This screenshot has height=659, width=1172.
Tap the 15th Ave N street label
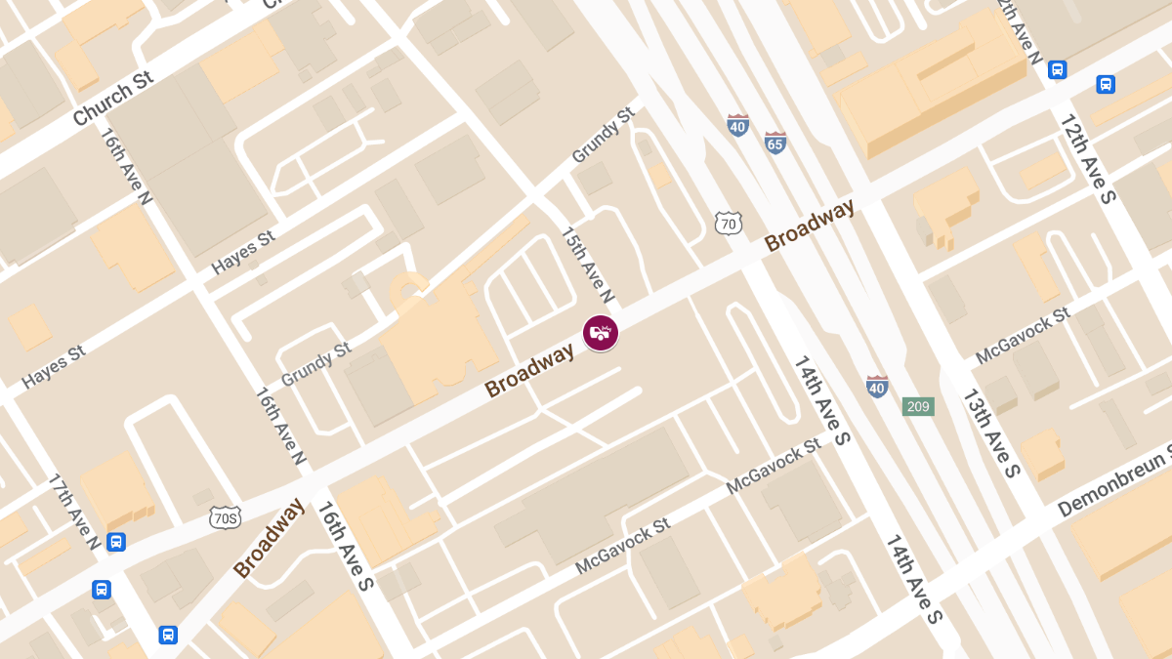(587, 265)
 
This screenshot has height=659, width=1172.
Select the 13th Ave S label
(991, 432)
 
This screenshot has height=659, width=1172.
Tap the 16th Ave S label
(344, 548)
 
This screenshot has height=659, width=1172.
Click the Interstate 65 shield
(775, 143)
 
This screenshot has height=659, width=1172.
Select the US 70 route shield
(727, 223)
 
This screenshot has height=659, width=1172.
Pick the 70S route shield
(226, 517)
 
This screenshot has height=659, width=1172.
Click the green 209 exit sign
(918, 406)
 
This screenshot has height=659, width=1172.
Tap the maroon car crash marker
(601, 333)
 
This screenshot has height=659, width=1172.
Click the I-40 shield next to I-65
(738, 125)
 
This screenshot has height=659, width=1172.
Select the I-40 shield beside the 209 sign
(877, 387)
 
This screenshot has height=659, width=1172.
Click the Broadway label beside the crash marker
(530, 372)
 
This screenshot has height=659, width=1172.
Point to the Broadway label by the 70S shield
(269, 538)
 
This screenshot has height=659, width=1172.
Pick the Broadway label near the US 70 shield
(810, 226)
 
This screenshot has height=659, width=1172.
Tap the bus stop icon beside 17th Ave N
(116, 542)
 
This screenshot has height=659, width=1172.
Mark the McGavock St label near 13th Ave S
(1022, 337)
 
